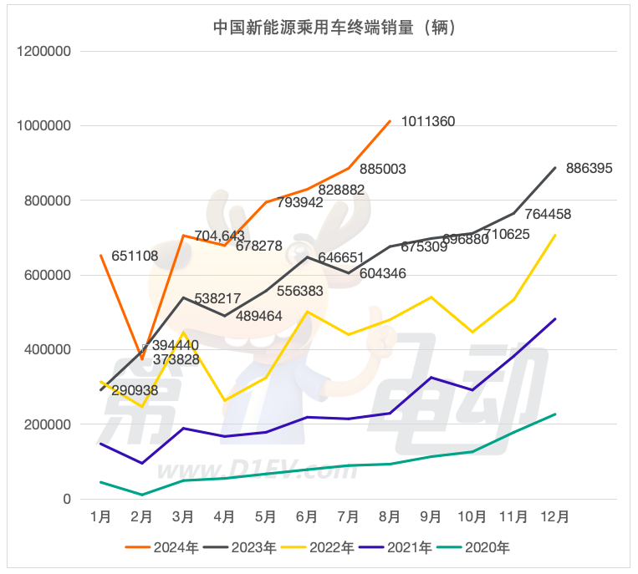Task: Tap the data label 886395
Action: coord(590,168)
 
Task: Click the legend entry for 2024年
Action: coord(162,548)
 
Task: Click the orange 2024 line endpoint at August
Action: coord(390,121)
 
